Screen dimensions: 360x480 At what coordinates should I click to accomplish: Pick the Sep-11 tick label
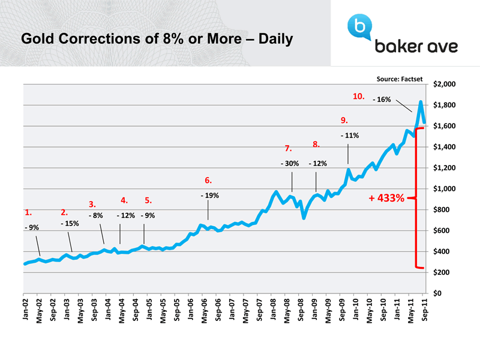tap(424, 310)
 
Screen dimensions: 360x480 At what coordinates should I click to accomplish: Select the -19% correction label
tap(209, 196)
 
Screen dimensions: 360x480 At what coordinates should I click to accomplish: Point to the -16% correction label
tap(382, 100)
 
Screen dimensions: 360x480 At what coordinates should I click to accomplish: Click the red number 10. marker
tap(359, 96)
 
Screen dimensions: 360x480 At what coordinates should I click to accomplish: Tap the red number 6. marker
tap(208, 180)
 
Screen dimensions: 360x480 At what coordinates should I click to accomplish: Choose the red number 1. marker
tap(28, 212)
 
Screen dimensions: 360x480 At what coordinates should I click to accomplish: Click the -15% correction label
tap(70, 223)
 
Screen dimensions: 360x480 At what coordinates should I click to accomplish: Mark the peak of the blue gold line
tap(421, 102)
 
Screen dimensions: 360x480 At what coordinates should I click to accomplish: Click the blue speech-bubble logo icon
tap(359, 26)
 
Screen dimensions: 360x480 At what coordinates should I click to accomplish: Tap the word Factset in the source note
tap(412, 78)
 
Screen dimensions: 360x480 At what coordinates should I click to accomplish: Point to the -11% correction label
tap(349, 136)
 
